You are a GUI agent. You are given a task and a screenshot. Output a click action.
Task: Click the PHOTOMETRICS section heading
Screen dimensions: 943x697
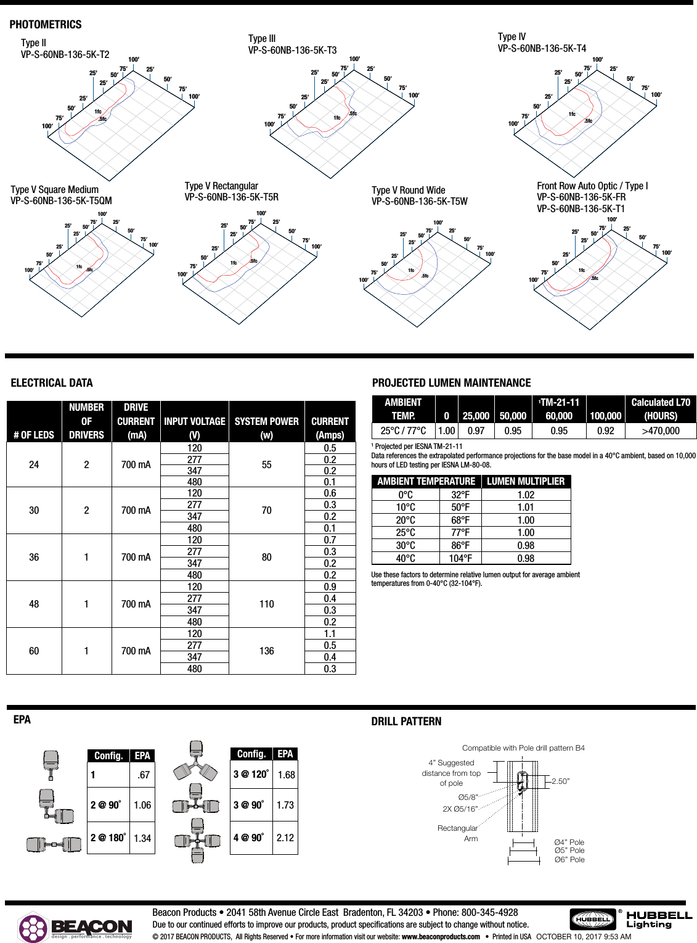(46, 25)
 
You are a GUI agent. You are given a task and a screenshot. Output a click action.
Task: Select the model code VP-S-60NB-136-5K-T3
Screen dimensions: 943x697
(292, 50)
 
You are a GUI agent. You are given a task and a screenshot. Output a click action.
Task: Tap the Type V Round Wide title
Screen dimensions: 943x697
(408, 190)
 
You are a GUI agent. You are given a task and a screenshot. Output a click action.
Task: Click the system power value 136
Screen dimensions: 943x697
(266, 651)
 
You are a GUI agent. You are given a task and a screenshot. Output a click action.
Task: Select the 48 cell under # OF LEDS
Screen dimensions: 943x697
(34, 604)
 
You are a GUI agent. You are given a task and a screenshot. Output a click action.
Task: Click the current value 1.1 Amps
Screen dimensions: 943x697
(330, 633)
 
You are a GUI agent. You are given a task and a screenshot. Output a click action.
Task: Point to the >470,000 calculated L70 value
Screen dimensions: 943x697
(660, 430)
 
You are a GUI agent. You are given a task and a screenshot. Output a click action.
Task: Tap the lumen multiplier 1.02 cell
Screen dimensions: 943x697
(526, 495)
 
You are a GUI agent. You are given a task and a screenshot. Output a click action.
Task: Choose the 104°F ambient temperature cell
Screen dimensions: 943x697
(460, 558)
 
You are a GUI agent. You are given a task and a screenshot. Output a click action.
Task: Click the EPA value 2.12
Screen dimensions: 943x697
(285, 838)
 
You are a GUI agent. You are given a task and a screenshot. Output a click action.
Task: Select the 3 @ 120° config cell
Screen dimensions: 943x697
(251, 774)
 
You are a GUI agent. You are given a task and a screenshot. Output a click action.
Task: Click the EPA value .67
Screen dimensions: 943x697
(143, 775)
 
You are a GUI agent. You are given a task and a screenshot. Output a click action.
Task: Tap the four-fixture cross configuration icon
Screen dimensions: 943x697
(197, 840)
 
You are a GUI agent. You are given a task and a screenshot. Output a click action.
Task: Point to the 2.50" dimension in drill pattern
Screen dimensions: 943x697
(560, 781)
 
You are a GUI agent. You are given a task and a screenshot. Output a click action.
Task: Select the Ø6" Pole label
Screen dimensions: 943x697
(569, 859)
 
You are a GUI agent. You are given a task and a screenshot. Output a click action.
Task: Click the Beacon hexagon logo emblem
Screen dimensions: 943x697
(33, 928)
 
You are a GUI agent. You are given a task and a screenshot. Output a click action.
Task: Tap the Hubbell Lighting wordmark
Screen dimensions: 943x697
(659, 919)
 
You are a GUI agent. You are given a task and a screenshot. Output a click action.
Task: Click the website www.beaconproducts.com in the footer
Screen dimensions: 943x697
(441, 936)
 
